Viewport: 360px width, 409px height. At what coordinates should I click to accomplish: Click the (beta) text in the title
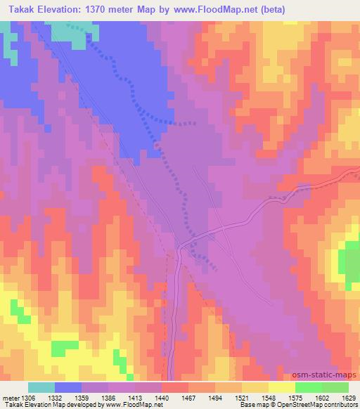tap(270, 9)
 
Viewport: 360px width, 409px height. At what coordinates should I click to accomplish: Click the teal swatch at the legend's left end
tap(40, 387)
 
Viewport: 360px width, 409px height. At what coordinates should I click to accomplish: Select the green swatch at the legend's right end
tap(335, 387)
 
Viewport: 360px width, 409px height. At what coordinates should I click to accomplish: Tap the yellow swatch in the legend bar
tap(281, 387)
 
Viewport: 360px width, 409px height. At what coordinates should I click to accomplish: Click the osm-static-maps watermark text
tap(330, 376)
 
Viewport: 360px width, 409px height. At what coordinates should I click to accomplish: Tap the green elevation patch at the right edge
tap(350, 264)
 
